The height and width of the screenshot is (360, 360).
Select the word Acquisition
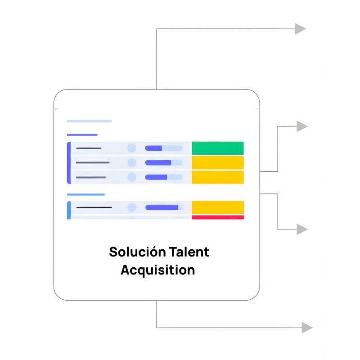tap(158, 270)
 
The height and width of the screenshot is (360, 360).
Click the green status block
tap(217, 148)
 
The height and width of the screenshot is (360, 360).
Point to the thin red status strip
tap(217, 217)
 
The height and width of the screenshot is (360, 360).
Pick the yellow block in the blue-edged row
tap(217, 207)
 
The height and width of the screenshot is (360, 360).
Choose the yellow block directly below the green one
tap(217, 162)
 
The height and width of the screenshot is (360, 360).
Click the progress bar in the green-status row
tap(164, 148)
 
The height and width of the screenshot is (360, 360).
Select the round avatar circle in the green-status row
tap(132, 148)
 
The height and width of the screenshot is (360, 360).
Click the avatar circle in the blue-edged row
tap(132, 207)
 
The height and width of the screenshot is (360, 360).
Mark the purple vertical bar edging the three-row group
tap(69, 162)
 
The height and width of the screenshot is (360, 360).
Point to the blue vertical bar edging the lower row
tap(69, 210)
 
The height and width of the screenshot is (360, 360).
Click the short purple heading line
tap(82, 135)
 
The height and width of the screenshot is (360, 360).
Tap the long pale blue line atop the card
tap(89, 121)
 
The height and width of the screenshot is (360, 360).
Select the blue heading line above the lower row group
tap(85, 195)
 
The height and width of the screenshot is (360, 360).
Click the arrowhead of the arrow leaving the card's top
tap(300, 29)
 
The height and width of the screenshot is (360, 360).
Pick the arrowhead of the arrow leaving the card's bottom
tap(306, 327)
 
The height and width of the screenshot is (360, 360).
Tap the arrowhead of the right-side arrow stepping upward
tap(302, 126)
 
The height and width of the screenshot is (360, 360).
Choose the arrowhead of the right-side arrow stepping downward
tap(302, 229)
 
